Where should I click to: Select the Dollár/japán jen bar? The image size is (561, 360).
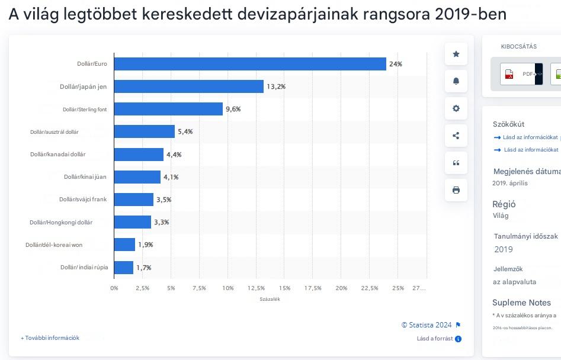188,86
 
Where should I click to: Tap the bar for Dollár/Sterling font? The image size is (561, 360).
168,109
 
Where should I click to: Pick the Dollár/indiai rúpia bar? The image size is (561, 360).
124,268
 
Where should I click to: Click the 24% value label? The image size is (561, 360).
396,64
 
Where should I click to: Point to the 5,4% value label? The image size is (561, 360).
185,131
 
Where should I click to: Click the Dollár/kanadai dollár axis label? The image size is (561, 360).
58,155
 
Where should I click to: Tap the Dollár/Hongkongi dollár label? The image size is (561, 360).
61,223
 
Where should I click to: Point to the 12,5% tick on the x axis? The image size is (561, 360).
256,288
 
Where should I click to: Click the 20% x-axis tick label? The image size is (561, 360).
341,288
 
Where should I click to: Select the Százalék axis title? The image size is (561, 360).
270,300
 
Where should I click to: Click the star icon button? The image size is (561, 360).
456,54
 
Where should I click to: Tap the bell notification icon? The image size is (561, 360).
456,81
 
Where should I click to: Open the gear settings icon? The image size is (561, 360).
456,108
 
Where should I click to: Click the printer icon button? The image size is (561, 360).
456,190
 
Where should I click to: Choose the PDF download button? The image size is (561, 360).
521,74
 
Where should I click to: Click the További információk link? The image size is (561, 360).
50,338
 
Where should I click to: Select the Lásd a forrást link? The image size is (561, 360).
439,339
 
